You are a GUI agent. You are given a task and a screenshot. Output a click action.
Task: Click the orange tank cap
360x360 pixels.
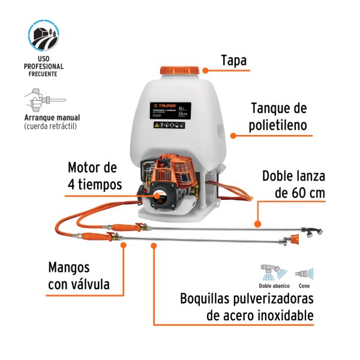click(x=180, y=68)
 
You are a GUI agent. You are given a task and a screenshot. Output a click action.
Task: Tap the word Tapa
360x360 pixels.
click(x=233, y=61)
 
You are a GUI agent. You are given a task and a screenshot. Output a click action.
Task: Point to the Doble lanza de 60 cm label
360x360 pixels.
click(x=293, y=184)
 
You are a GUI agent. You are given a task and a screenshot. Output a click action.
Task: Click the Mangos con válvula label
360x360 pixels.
click(x=79, y=275)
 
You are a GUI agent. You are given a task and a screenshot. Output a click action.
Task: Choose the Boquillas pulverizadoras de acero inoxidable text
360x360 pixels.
click(x=247, y=307)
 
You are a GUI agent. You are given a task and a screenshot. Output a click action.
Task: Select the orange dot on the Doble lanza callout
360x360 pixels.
click(x=258, y=224)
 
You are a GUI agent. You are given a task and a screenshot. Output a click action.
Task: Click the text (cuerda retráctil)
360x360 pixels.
click(x=50, y=127)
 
